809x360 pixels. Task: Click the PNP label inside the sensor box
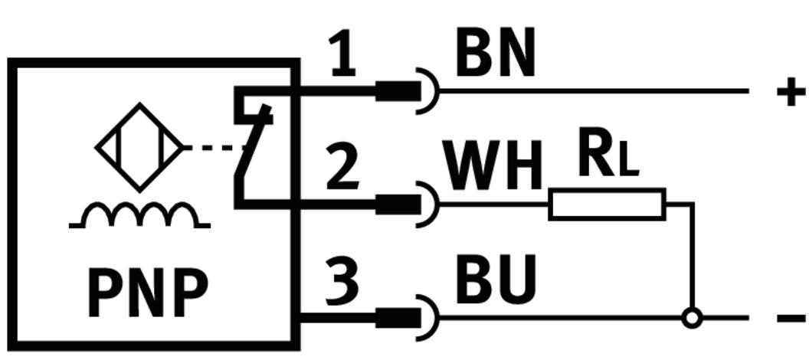[x=148, y=291]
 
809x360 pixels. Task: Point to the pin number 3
[x=342, y=280]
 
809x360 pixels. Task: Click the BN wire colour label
[x=495, y=55]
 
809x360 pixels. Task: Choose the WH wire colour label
[x=493, y=166]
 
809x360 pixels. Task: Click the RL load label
[x=608, y=156]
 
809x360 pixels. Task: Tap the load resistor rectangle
[x=607, y=204]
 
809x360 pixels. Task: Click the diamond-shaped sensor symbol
[x=139, y=147]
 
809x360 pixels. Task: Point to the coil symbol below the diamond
[x=139, y=217]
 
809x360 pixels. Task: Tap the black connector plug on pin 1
[x=398, y=92]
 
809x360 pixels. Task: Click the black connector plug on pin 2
[x=398, y=204]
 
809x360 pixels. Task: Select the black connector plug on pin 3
[x=398, y=316]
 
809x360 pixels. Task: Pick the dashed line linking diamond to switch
[x=211, y=147]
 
